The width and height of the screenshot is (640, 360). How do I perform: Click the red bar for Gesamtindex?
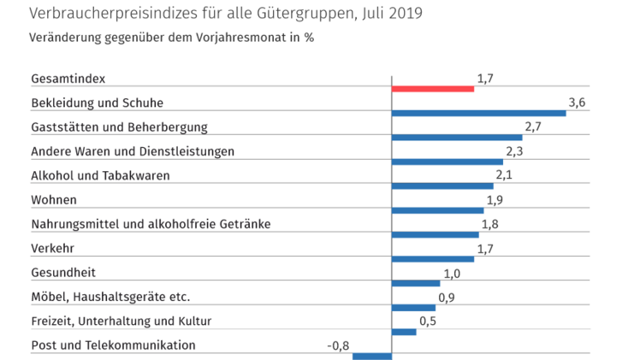(432, 88)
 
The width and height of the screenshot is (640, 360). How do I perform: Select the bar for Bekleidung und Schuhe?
(478, 113)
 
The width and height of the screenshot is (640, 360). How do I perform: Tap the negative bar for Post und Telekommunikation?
(371, 357)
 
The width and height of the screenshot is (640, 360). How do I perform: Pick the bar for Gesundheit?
(415, 283)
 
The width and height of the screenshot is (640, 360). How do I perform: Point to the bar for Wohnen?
(437, 210)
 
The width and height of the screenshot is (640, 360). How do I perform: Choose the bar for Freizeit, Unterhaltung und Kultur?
(403, 332)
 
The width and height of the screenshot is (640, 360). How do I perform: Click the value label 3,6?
(576, 103)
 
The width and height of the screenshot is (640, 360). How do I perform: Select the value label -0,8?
(338, 345)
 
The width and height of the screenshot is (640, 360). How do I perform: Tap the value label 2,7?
(533, 127)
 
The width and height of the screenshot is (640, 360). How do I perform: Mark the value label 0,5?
(428, 321)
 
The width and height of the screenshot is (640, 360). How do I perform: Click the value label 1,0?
(452, 273)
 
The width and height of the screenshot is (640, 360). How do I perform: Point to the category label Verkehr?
(50, 249)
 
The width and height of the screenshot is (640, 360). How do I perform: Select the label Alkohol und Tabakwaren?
(100, 175)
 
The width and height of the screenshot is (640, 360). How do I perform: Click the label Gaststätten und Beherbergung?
(119, 127)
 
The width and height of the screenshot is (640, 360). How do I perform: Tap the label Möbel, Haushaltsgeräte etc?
(110, 297)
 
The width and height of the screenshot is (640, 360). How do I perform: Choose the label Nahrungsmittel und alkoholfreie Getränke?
(151, 224)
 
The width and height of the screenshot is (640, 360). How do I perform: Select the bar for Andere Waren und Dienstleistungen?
(447, 162)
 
